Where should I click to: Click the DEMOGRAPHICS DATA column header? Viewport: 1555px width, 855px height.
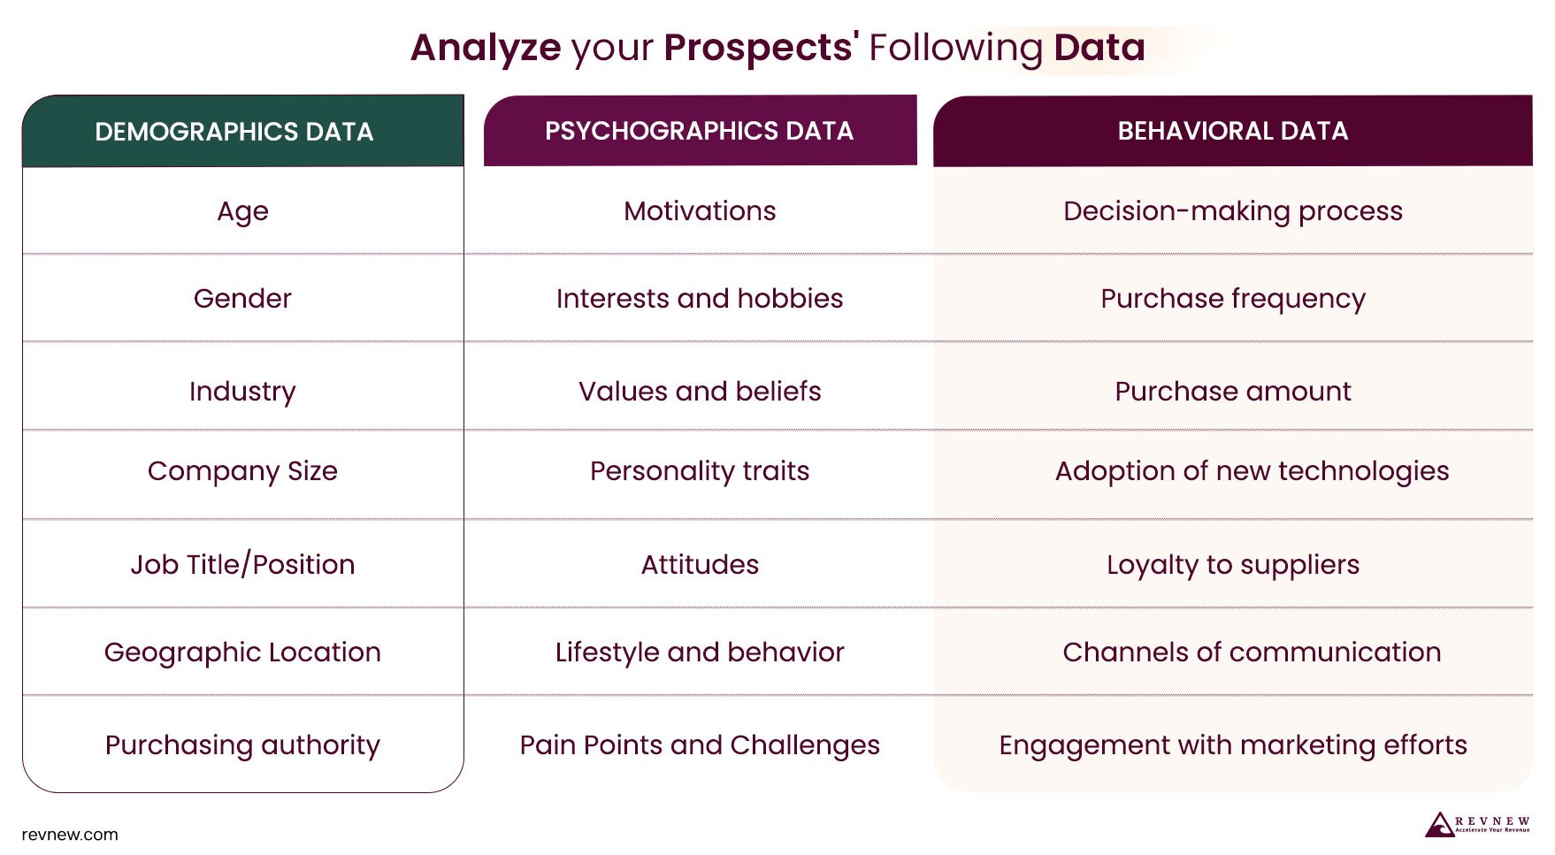pos(234,132)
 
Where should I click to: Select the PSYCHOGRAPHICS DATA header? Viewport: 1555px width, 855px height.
pos(699,131)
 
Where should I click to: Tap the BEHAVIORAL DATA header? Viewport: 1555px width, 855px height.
pos(1232,131)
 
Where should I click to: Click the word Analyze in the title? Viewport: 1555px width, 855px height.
pos(486,48)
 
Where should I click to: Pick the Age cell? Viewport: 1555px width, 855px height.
pos(242,211)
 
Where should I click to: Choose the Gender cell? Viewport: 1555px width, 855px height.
pos(242,299)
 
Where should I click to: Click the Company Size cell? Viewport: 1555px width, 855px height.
pos(242,471)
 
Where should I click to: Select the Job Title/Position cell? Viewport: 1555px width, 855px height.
pos(242,564)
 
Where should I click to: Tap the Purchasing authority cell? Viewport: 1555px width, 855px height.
pos(242,745)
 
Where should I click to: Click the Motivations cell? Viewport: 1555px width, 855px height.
pos(700,211)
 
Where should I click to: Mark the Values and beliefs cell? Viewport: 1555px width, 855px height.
pos(700,391)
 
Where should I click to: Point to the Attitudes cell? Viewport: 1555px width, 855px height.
pos(700,564)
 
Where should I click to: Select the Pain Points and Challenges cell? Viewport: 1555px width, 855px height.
pos(700,745)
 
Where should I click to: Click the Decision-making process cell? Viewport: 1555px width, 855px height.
pos(1232,211)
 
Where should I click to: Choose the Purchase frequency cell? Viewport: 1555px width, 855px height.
pos(1232,299)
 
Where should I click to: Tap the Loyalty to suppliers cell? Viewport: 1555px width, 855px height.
pos(1232,564)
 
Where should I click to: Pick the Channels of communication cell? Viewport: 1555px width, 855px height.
pos(1251,653)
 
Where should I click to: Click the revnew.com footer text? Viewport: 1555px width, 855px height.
pos(70,835)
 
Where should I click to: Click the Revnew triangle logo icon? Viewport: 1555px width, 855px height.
pos(1439,825)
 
